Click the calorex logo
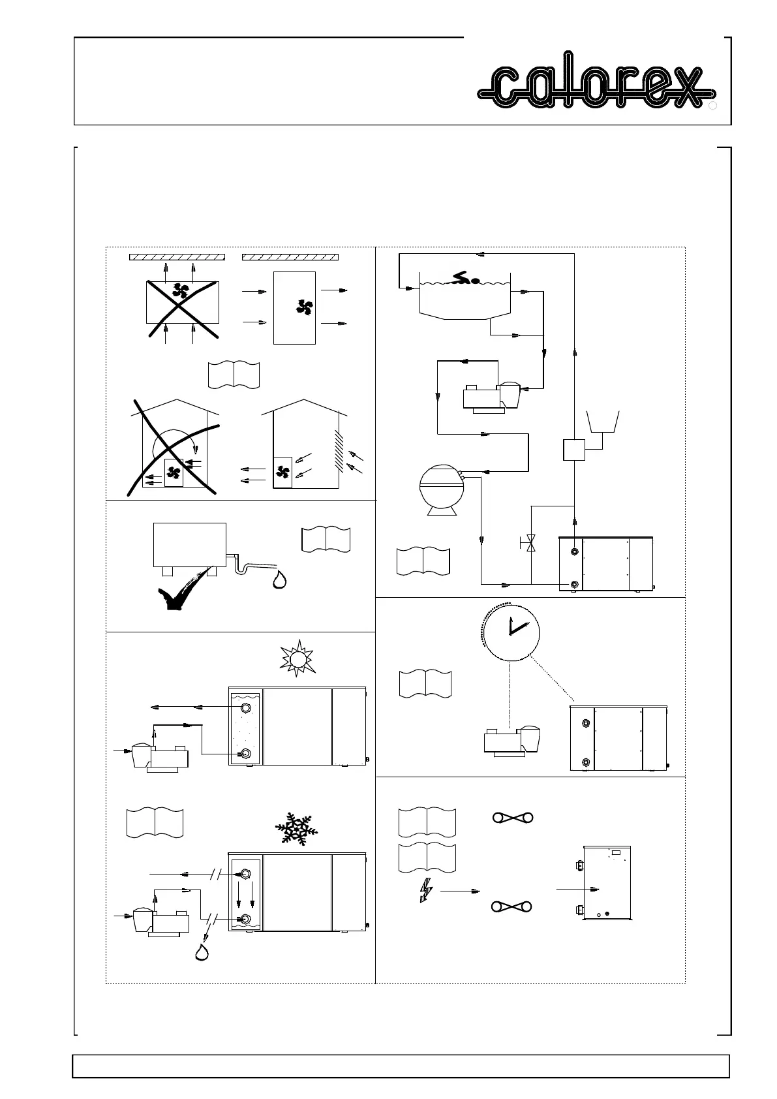[595, 86]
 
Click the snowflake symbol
[296, 830]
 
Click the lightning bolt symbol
[425, 890]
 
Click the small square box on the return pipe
[574, 449]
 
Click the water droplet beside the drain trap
[281, 580]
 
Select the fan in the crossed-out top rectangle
[181, 290]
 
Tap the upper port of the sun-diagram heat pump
[246, 709]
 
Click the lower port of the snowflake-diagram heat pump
[246, 920]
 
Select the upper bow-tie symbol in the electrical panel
[512, 818]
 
